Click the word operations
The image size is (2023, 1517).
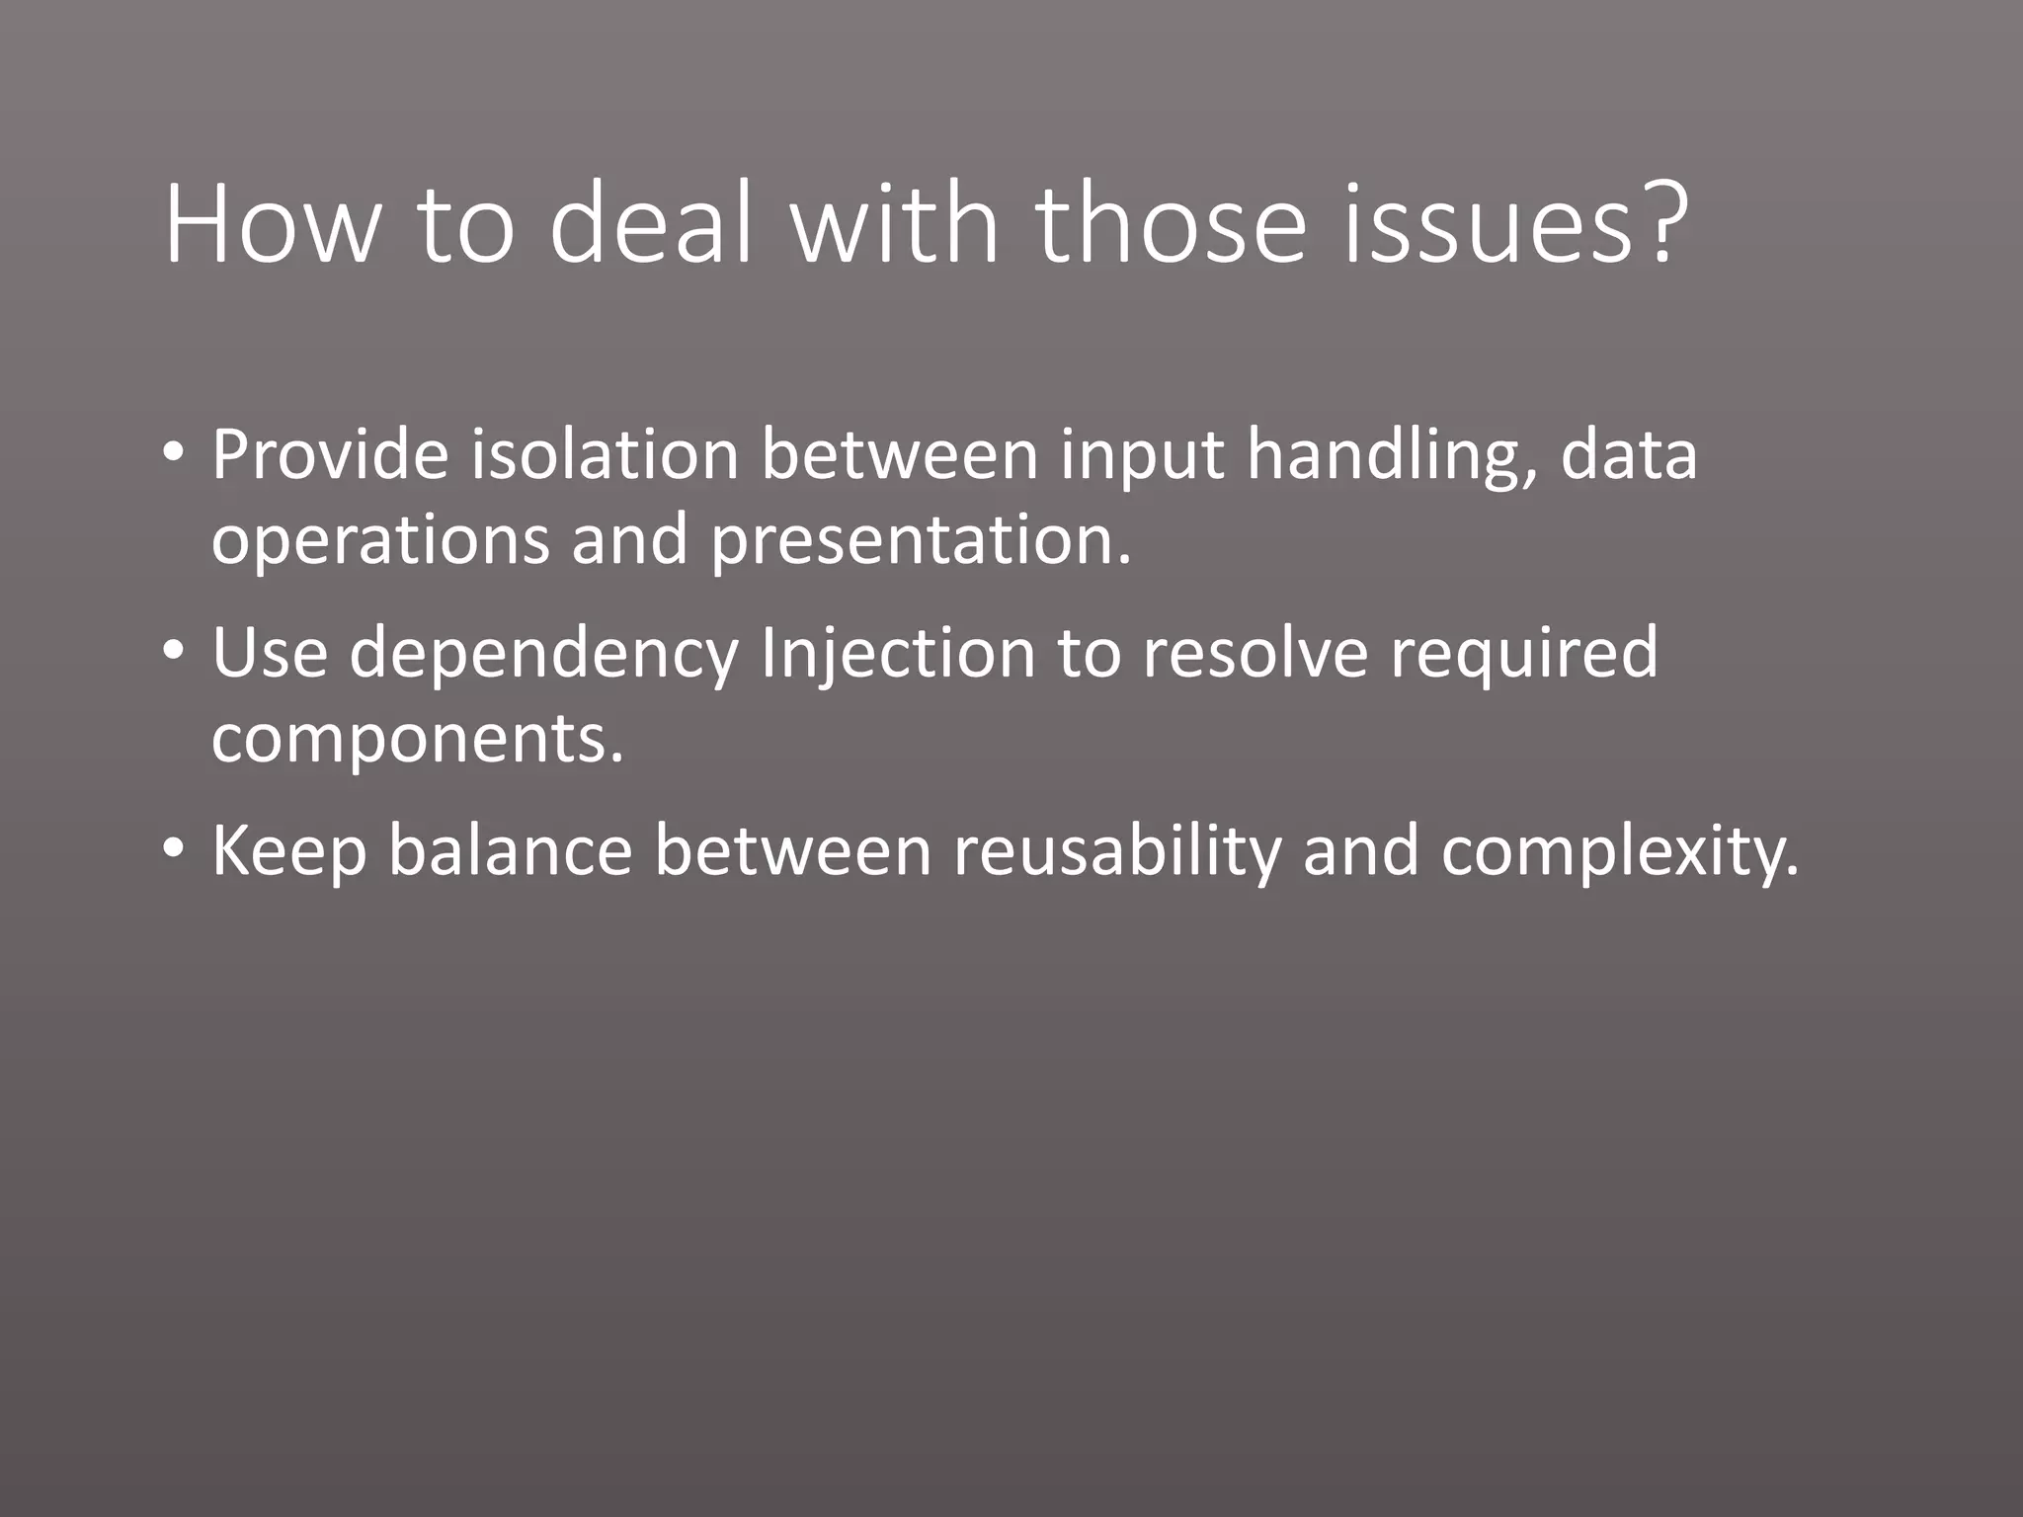pos(380,541)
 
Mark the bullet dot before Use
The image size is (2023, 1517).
pos(174,652)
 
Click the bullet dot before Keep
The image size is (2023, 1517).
pos(174,849)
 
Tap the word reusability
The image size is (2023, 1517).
pos(1116,851)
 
